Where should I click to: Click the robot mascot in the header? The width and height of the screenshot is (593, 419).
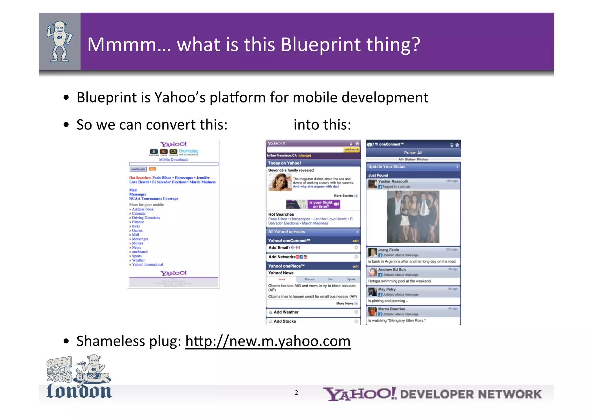pos(59,41)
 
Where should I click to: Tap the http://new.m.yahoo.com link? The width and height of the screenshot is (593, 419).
pos(268,341)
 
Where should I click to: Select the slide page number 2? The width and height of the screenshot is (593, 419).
pos(296,393)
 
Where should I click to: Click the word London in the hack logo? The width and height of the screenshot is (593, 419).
pos(79,391)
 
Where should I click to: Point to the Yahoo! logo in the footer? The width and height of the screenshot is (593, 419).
pos(359,394)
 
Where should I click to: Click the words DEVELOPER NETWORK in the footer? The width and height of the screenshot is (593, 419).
pos(471,394)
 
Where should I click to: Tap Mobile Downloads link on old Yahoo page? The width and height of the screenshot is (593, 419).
pos(173,160)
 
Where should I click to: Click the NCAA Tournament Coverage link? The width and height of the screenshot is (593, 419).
pos(153,199)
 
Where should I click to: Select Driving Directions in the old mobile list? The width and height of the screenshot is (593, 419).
pos(146,218)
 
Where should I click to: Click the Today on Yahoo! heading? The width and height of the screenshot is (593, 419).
pos(284,163)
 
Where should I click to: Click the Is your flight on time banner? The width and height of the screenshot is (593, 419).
pos(313,204)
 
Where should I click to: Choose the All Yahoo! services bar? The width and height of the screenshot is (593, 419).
pos(313,232)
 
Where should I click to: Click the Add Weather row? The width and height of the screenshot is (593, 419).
pos(313,312)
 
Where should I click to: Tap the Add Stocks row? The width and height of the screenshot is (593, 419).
pos(313,321)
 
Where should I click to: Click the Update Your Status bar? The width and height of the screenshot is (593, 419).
pos(413,166)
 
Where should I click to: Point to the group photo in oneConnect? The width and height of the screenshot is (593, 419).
pos(413,217)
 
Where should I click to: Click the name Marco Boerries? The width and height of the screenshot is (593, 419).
pos(391,309)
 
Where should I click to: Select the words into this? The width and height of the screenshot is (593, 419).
pos(322,125)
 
